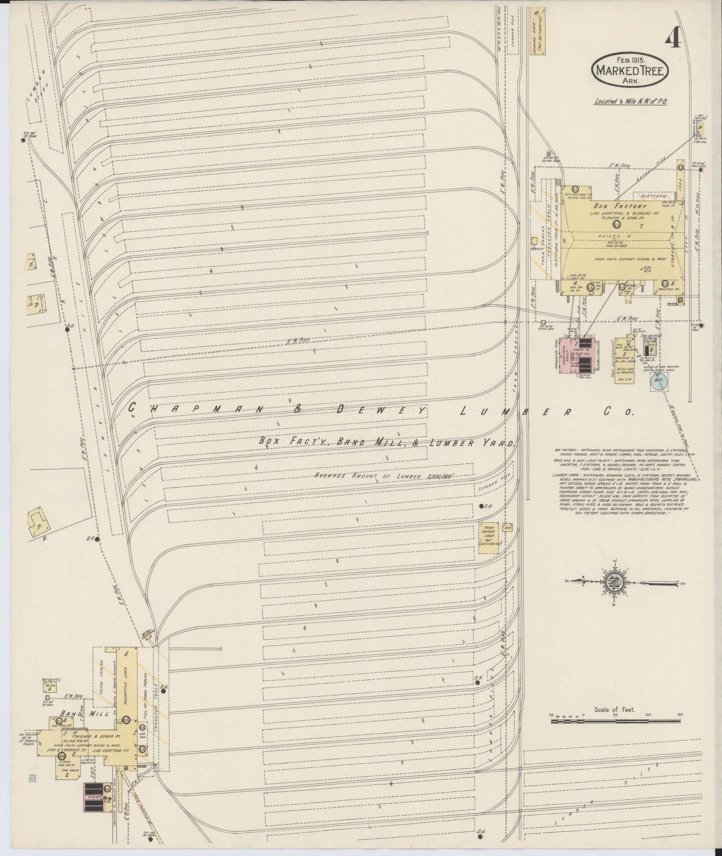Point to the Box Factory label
pos(620,206)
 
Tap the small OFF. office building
pos(509,527)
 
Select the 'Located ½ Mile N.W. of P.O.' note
pos(631,101)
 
